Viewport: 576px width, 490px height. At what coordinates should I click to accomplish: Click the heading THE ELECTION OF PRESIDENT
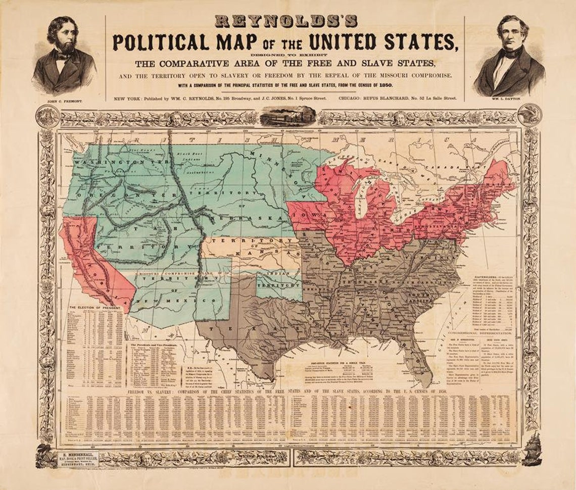coord(96,308)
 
